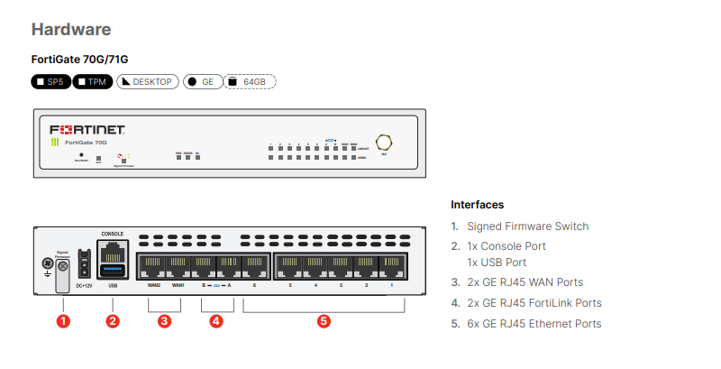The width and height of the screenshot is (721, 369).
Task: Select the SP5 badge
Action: (x=50, y=82)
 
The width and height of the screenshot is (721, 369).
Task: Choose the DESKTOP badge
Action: (x=147, y=82)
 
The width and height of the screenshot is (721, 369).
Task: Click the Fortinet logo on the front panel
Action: (x=87, y=128)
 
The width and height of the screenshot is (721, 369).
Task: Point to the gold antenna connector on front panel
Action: (x=384, y=142)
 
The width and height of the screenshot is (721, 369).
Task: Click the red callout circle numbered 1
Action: (x=63, y=319)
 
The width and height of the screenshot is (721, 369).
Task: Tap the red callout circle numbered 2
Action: (x=113, y=319)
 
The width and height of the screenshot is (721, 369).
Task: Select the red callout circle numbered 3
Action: (x=165, y=319)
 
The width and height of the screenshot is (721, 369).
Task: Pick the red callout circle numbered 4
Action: (x=216, y=319)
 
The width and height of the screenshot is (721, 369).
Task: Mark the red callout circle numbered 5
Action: (x=324, y=319)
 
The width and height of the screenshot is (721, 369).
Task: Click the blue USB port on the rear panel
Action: (x=113, y=272)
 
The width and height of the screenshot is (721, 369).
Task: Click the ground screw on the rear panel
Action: (x=48, y=264)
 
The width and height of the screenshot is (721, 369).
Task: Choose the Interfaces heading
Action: (x=477, y=205)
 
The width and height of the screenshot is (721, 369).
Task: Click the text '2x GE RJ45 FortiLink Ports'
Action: (x=534, y=303)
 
